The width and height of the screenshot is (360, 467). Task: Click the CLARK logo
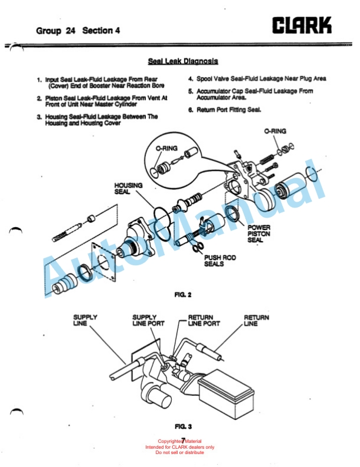click(302, 25)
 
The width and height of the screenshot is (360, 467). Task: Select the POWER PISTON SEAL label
click(259, 233)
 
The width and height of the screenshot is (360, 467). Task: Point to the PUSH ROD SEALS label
click(216, 261)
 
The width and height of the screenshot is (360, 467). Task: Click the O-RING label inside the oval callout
click(166, 149)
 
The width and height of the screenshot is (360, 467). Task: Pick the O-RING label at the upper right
click(275, 131)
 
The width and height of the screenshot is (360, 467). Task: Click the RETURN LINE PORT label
click(204, 321)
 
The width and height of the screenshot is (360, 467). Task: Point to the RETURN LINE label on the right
click(256, 321)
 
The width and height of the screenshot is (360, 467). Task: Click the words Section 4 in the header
click(102, 30)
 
